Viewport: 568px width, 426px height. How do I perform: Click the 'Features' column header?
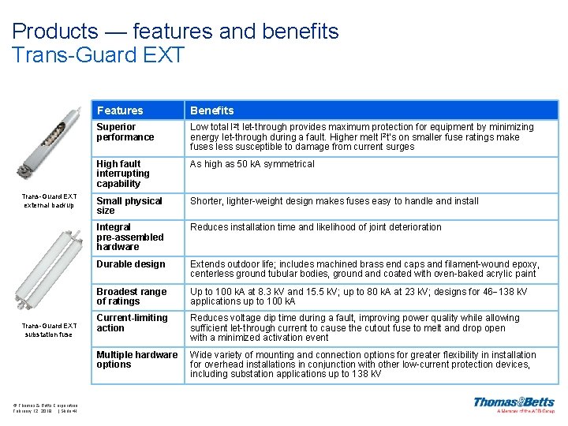[120, 110]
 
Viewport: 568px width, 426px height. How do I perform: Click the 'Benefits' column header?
[211, 110]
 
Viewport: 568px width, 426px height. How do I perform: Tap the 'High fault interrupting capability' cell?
[123, 174]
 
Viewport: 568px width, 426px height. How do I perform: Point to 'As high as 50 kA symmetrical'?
[252, 164]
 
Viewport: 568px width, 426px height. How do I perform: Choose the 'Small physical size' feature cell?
[129, 206]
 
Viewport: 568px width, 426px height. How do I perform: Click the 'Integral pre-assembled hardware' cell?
[130, 237]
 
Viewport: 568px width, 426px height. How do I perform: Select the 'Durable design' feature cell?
[131, 264]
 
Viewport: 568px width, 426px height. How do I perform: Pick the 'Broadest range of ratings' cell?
[132, 296]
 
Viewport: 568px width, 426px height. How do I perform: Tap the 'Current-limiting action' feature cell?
[132, 323]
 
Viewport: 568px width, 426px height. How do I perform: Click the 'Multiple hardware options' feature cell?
[136, 360]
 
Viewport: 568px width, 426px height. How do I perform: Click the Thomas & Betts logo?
[514, 405]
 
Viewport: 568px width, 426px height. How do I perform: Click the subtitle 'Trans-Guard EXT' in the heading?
[99, 55]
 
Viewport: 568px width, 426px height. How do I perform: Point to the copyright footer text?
[45, 408]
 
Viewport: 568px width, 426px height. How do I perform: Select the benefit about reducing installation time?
[316, 227]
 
